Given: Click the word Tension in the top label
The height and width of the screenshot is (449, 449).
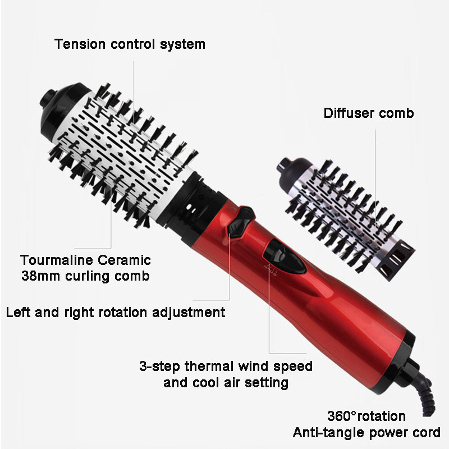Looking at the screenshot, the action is coord(80,44).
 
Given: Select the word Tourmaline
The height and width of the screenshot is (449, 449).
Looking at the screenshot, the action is coord(57,260).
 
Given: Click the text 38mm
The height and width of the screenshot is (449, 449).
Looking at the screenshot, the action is coord(40,276).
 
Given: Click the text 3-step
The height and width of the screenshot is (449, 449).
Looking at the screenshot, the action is coord(159,366).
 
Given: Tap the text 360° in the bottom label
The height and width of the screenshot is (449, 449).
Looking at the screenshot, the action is coord(342,416).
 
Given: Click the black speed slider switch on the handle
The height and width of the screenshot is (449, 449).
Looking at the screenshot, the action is coord(285,256).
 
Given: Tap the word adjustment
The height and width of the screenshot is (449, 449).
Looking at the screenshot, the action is coord(189,313).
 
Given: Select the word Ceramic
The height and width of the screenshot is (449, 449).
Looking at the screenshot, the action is coord(124,260).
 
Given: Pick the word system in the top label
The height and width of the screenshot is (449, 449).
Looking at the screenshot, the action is coord(182,45).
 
